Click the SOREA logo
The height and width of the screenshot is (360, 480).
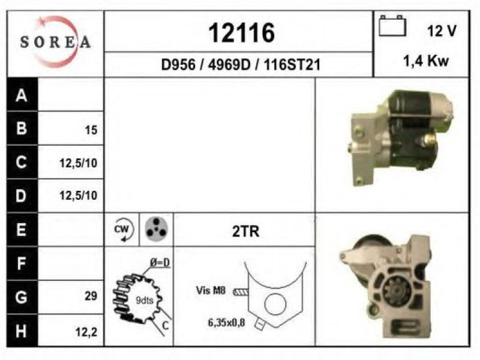coord(55,42)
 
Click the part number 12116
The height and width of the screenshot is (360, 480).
coord(242,33)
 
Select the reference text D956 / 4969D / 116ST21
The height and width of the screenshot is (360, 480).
coord(241,65)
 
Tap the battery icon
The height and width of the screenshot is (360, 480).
coord(392,26)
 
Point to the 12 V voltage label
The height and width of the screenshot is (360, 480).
coord(442,31)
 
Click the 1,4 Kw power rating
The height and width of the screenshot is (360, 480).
coord(426,61)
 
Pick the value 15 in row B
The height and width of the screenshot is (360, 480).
coord(91,130)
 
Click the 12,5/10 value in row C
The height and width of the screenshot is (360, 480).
coord(79,163)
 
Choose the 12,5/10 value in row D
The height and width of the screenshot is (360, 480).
coord(79,196)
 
